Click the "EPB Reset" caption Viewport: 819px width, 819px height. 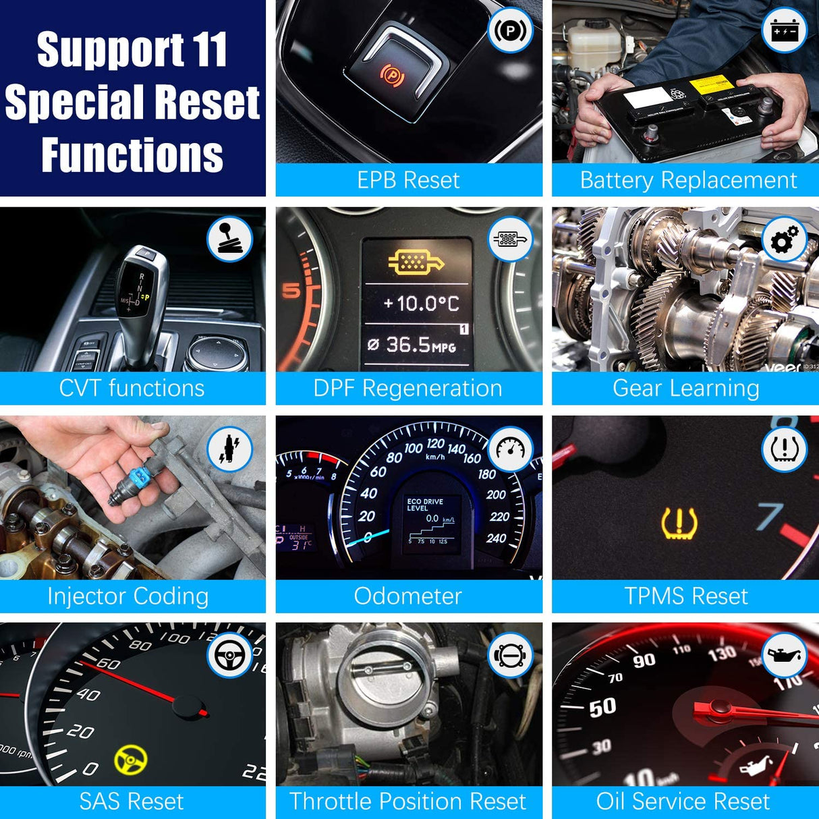[x=408, y=180]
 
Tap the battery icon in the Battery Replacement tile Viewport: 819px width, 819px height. [x=784, y=30]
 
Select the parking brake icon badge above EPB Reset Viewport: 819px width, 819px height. [x=510, y=30]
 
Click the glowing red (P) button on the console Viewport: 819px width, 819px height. [x=392, y=73]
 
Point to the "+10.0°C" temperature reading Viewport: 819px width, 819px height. [x=421, y=304]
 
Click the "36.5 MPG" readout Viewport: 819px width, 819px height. [x=412, y=345]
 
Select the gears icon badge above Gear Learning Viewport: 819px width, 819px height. [x=784, y=239]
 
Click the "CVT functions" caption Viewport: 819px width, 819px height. [x=132, y=388]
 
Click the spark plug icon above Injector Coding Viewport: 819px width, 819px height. [x=229, y=449]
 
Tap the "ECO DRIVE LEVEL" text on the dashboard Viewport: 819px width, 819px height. [x=425, y=505]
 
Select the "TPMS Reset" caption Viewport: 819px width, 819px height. [x=685, y=596]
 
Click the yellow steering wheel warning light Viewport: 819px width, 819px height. [x=130, y=760]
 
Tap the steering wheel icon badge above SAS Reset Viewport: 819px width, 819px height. [x=229, y=655]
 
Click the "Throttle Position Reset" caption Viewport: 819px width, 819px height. [x=407, y=801]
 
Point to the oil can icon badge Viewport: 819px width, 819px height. [x=784, y=655]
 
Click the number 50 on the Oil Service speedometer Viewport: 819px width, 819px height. [x=602, y=707]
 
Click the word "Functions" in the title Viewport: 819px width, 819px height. [x=132, y=155]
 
